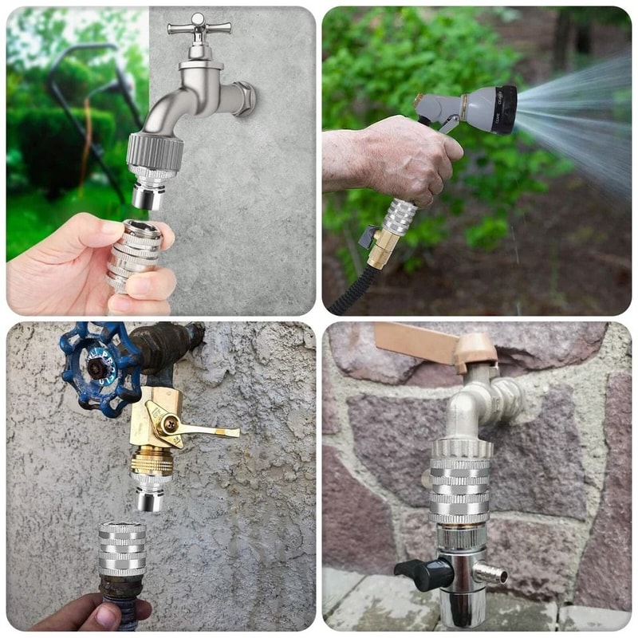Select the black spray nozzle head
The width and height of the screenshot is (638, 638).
pos(504,109)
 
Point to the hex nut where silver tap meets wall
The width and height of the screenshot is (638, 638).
pos(243,99)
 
